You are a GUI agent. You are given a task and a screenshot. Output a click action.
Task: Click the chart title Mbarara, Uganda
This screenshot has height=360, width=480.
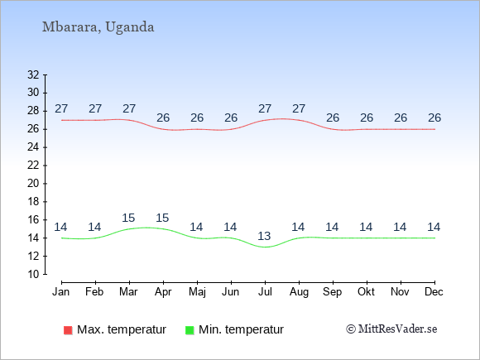pos(98,27)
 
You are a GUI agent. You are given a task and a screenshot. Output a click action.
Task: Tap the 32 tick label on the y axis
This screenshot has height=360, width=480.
pos(33,74)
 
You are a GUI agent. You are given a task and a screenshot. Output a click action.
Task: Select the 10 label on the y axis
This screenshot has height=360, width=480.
pos(33,274)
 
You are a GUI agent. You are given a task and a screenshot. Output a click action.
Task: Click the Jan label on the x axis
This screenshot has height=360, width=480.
pos(61,292)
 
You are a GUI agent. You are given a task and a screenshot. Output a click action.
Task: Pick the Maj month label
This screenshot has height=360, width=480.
pos(197,292)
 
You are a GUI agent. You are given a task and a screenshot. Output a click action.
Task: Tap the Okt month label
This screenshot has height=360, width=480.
pos(366,292)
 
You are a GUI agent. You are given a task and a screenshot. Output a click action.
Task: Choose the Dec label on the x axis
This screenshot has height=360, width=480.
pos(434,292)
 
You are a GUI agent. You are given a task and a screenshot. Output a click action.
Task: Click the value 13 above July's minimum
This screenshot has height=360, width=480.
pos(264,236)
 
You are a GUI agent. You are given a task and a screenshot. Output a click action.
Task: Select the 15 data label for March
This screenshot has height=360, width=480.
pos(128,218)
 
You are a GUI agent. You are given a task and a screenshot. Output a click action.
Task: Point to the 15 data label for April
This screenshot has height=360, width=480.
pos(162,218)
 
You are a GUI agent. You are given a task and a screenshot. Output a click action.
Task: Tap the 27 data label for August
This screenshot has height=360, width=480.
pos(299,108)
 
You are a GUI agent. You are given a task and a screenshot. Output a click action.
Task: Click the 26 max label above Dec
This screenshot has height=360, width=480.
pos(434,118)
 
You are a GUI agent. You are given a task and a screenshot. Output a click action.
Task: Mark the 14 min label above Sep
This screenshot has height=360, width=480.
pos(332,227)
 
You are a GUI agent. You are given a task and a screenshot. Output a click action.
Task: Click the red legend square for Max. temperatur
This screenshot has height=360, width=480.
pos(68,330)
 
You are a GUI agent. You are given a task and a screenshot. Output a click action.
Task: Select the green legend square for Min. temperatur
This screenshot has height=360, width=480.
pos(190,330)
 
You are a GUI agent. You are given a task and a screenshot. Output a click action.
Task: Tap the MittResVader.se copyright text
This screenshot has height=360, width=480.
pos(391,329)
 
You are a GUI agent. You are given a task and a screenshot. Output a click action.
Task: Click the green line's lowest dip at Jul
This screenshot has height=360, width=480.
pos(265,247)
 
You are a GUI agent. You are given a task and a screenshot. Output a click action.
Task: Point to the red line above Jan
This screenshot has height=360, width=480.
pos(62,120)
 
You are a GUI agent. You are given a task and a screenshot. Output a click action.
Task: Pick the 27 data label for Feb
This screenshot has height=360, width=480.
pos(95,108)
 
